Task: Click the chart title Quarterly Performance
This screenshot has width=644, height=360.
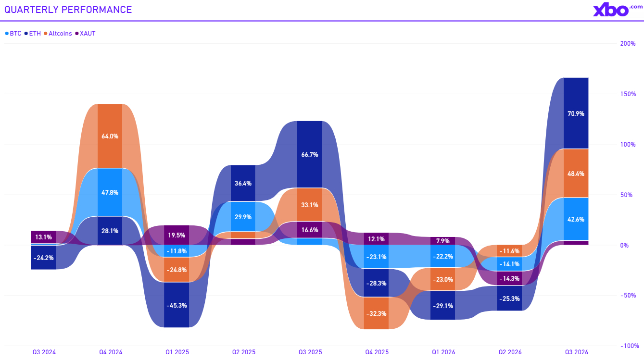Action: tap(68, 10)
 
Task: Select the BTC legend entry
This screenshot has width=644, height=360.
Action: tap(13, 33)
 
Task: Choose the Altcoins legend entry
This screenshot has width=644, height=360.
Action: tap(58, 33)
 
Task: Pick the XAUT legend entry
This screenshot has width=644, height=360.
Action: tap(85, 33)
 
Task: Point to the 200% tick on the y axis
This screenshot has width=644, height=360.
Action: tap(628, 43)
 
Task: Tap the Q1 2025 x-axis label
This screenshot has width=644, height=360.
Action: tap(177, 352)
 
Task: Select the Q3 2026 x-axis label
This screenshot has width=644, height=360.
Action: tap(577, 352)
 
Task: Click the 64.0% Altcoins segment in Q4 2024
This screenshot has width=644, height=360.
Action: tap(110, 136)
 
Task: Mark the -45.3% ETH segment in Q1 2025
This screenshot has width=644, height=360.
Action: tap(177, 305)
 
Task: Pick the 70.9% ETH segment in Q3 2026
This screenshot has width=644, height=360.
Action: tap(576, 113)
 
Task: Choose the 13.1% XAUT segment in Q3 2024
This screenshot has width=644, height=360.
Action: tap(43, 237)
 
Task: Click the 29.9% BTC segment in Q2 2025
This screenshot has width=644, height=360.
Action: tap(243, 216)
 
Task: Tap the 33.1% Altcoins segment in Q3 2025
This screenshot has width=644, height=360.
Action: tap(309, 205)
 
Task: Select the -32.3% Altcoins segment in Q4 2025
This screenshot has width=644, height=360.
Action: tap(376, 313)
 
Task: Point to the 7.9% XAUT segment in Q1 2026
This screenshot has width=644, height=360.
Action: tap(443, 241)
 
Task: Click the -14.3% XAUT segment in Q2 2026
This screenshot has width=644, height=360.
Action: tap(509, 278)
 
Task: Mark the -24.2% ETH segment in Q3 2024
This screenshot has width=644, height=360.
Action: tap(43, 258)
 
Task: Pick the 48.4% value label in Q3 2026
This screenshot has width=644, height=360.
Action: tap(576, 174)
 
